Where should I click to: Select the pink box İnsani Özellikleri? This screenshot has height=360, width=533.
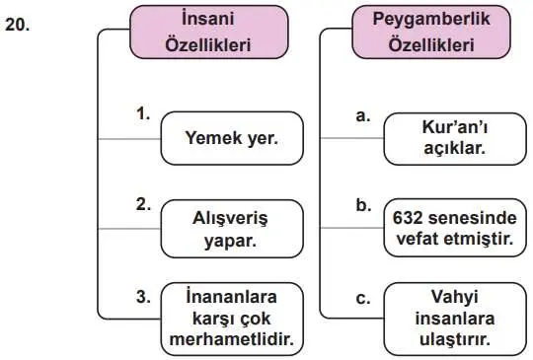click(209, 34)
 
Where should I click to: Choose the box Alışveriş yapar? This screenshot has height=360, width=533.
click(232, 225)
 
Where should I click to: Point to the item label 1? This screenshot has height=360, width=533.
click(143, 114)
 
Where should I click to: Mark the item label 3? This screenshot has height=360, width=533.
click(143, 294)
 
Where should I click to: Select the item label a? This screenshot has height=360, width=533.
click(362, 114)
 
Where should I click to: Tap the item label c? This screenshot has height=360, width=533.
click(362, 294)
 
